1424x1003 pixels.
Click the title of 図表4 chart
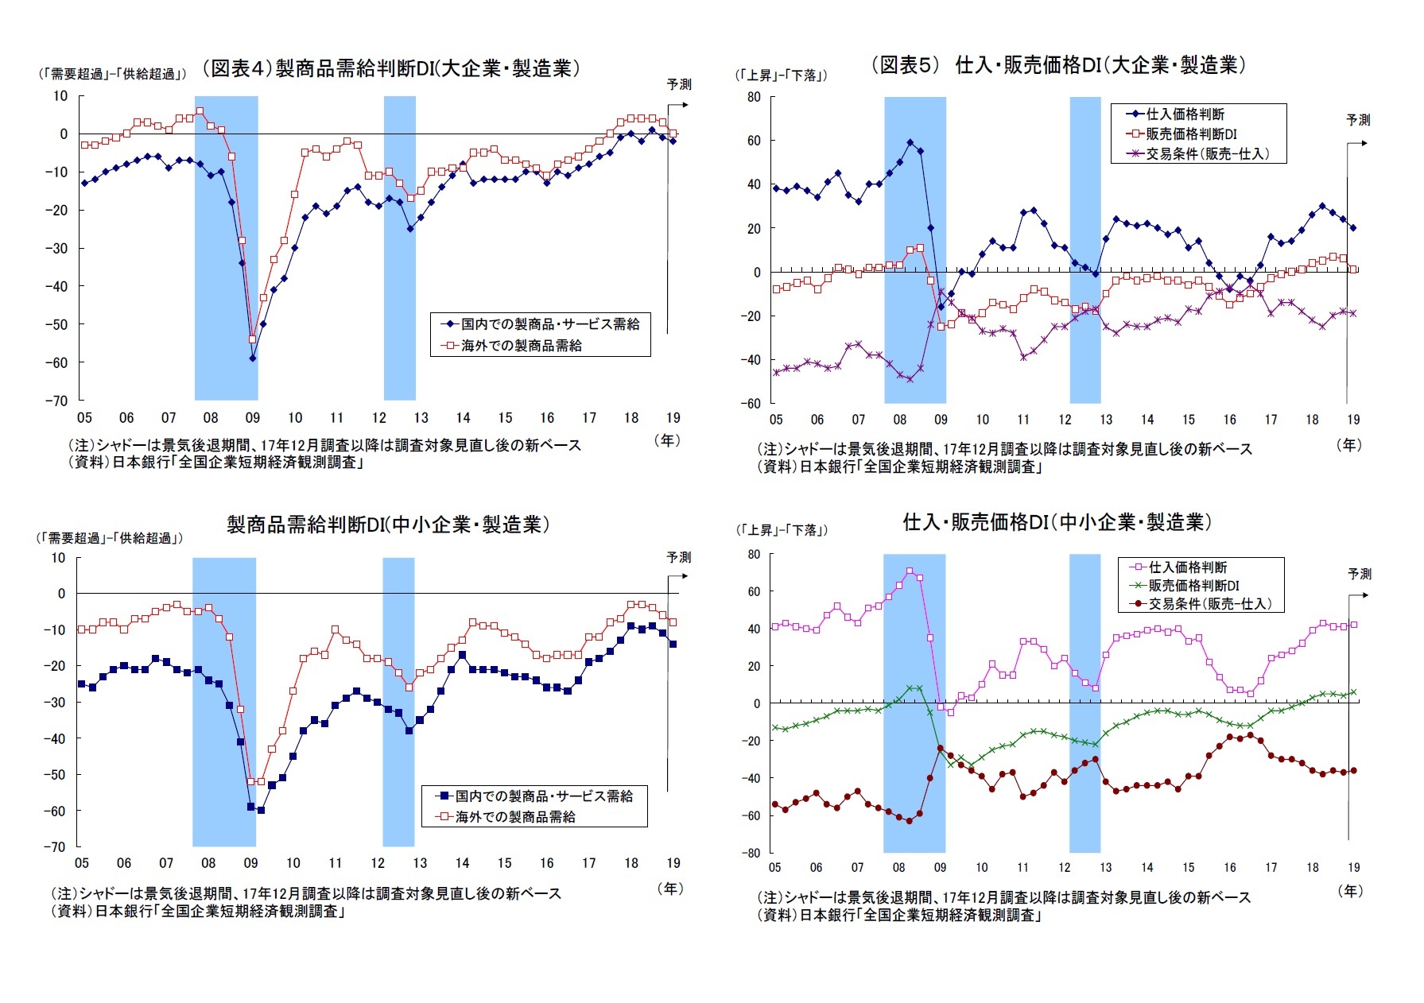click(390, 68)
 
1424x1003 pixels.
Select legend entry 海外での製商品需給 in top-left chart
click(521, 346)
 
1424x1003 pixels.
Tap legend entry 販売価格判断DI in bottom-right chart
click(1193, 586)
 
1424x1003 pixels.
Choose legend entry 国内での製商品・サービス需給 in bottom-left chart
click(543, 796)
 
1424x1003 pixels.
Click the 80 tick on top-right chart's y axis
click(753, 97)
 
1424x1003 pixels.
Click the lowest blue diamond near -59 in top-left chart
click(253, 358)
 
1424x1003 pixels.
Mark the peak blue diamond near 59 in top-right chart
click(910, 143)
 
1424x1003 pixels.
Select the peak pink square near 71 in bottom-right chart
click(910, 571)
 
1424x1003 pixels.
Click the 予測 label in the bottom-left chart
click(678, 557)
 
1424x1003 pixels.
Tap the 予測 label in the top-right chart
click(1358, 120)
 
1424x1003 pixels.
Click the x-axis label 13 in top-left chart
click(421, 418)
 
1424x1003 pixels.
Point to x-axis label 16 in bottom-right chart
click(1229, 868)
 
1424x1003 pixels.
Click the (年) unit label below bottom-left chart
click(670, 888)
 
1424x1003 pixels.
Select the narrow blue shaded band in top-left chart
click(399, 248)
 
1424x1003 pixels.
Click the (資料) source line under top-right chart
click(899, 467)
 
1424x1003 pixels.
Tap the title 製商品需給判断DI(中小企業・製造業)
click(388, 525)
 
